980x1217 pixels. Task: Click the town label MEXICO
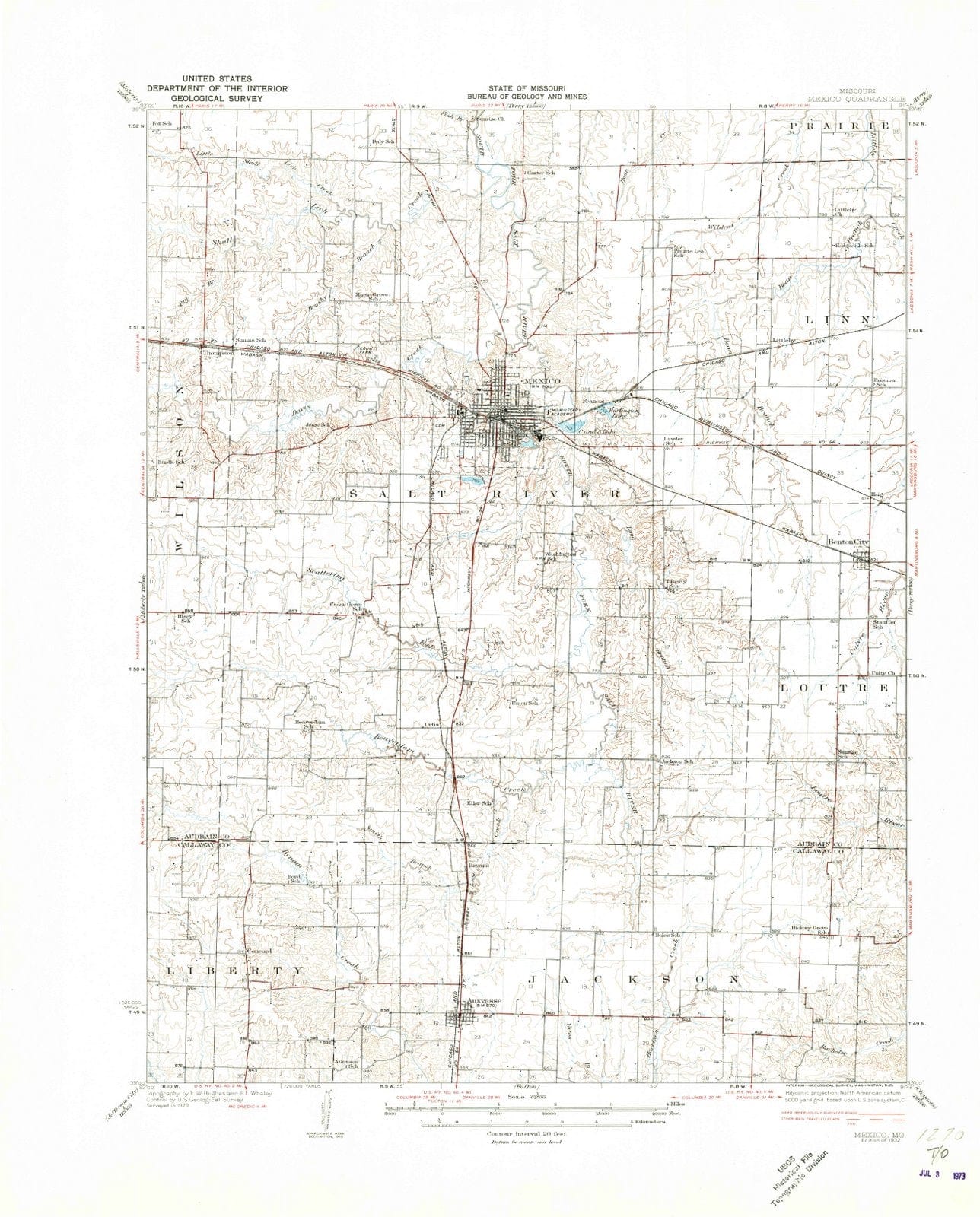(542, 380)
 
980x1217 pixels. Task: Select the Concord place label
(259, 952)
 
